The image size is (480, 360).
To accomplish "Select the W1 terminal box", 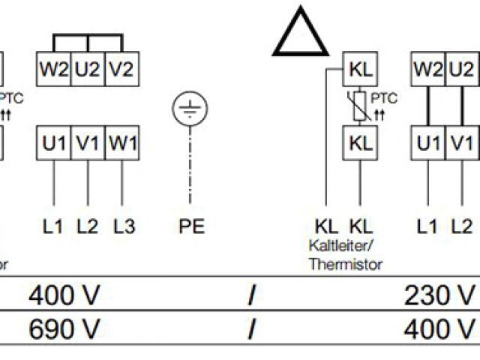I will (x=121, y=142).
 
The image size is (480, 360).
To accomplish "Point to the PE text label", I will (x=192, y=226).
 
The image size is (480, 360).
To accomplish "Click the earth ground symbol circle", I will (x=188, y=109).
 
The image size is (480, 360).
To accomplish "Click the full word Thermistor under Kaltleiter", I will (x=345, y=264).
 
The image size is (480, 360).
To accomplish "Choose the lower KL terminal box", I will (x=360, y=142).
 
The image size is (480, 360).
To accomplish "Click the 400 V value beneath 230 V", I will (x=439, y=328).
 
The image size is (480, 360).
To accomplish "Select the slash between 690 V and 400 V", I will (x=251, y=328).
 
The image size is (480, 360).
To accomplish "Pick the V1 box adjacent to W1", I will (x=88, y=142).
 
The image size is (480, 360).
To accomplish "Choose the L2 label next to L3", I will (x=88, y=226).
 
